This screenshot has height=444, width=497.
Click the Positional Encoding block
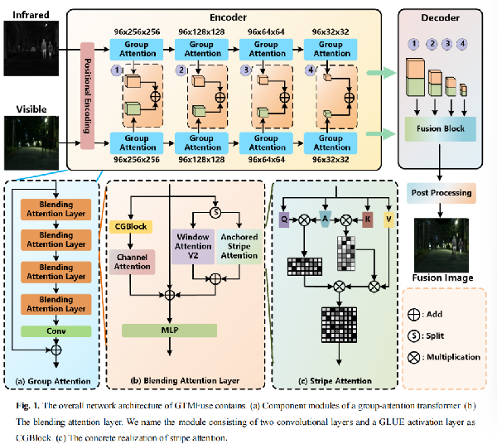[x=87, y=96]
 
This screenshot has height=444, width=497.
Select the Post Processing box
[x=442, y=192]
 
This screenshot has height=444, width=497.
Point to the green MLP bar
[x=169, y=331]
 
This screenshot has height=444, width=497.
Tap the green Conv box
[x=55, y=331]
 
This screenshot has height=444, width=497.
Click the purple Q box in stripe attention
[x=284, y=220]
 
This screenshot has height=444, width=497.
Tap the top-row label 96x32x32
[x=331, y=32]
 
